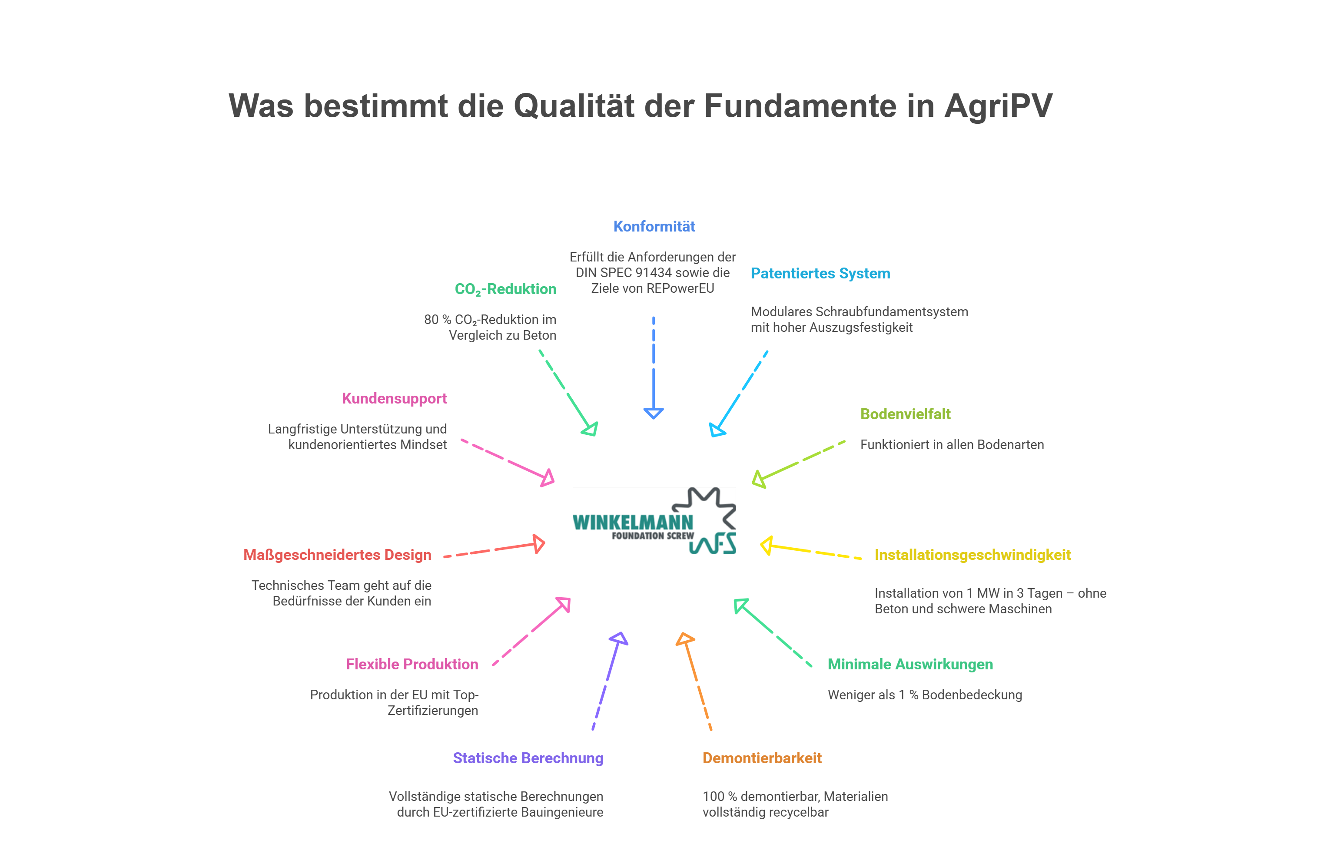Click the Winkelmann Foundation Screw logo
(x=654, y=520)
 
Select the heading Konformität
(x=654, y=227)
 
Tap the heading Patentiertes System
(x=820, y=273)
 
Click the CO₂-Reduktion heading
(x=505, y=289)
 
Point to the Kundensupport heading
(x=394, y=398)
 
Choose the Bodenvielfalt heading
(x=905, y=414)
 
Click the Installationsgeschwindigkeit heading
(x=972, y=555)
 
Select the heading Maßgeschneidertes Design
(x=337, y=555)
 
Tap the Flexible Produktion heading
(x=412, y=665)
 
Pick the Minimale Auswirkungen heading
(x=910, y=665)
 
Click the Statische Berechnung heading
(x=528, y=758)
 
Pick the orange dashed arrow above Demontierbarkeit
(x=697, y=682)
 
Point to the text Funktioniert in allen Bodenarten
(x=951, y=445)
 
